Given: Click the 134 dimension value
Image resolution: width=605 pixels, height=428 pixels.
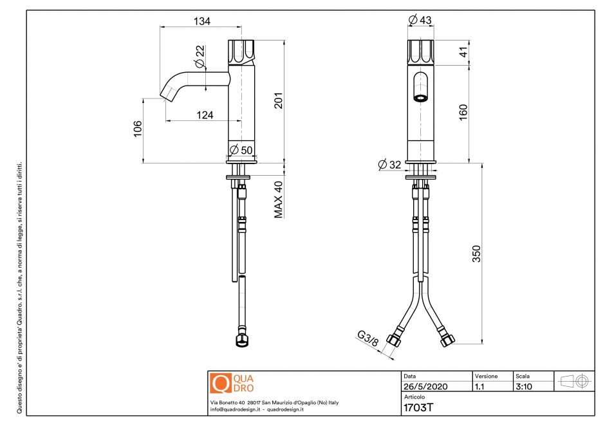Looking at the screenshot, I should (201, 21).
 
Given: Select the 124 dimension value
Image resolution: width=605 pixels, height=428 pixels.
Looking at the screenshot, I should (205, 115).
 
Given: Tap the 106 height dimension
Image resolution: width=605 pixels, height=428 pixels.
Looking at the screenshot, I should (137, 128).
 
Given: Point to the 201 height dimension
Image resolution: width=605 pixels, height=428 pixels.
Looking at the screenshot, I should (279, 100).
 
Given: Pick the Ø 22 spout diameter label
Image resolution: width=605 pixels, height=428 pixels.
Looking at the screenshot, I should (200, 57).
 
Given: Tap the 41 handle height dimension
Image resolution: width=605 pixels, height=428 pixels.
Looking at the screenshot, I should (463, 52).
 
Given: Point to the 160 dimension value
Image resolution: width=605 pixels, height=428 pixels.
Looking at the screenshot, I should (463, 111).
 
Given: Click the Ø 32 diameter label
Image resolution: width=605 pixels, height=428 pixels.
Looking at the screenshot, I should (390, 165).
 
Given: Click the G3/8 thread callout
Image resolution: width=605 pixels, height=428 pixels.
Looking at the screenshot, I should (368, 338).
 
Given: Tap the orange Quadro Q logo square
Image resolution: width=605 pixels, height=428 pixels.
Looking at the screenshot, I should (220, 384).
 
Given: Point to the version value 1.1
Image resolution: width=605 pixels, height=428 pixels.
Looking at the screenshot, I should (480, 387).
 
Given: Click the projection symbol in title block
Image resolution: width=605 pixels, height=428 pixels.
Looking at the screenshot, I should (575, 381).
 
